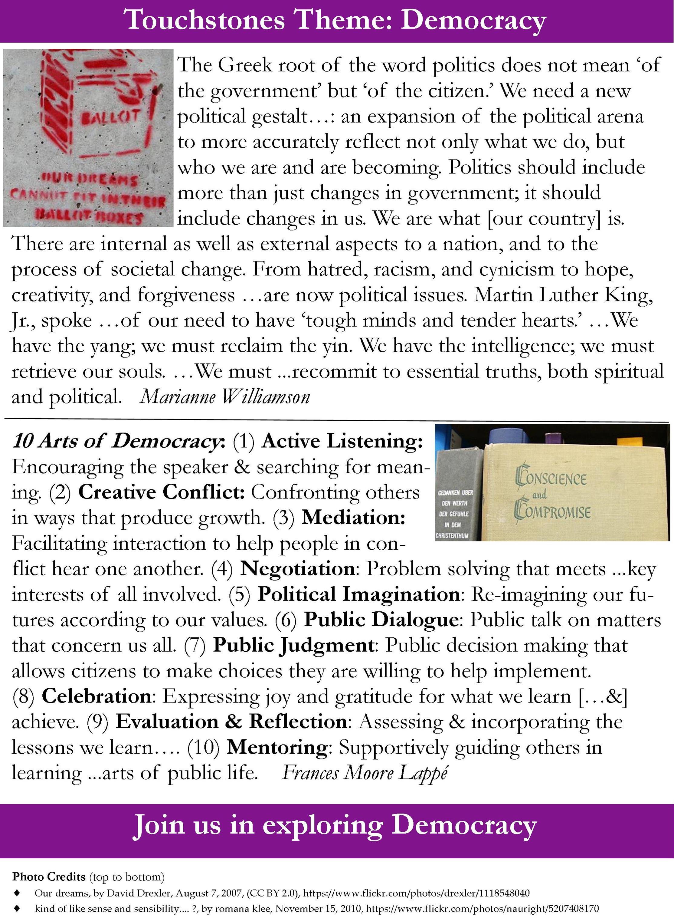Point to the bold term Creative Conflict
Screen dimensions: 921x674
[x=161, y=492]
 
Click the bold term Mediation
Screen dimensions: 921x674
[x=353, y=518]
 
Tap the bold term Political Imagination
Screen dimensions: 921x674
[x=359, y=594]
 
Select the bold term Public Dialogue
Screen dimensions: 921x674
[x=381, y=620]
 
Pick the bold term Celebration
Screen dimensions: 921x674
[x=96, y=696]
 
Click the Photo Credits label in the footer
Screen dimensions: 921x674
[x=48, y=877]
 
